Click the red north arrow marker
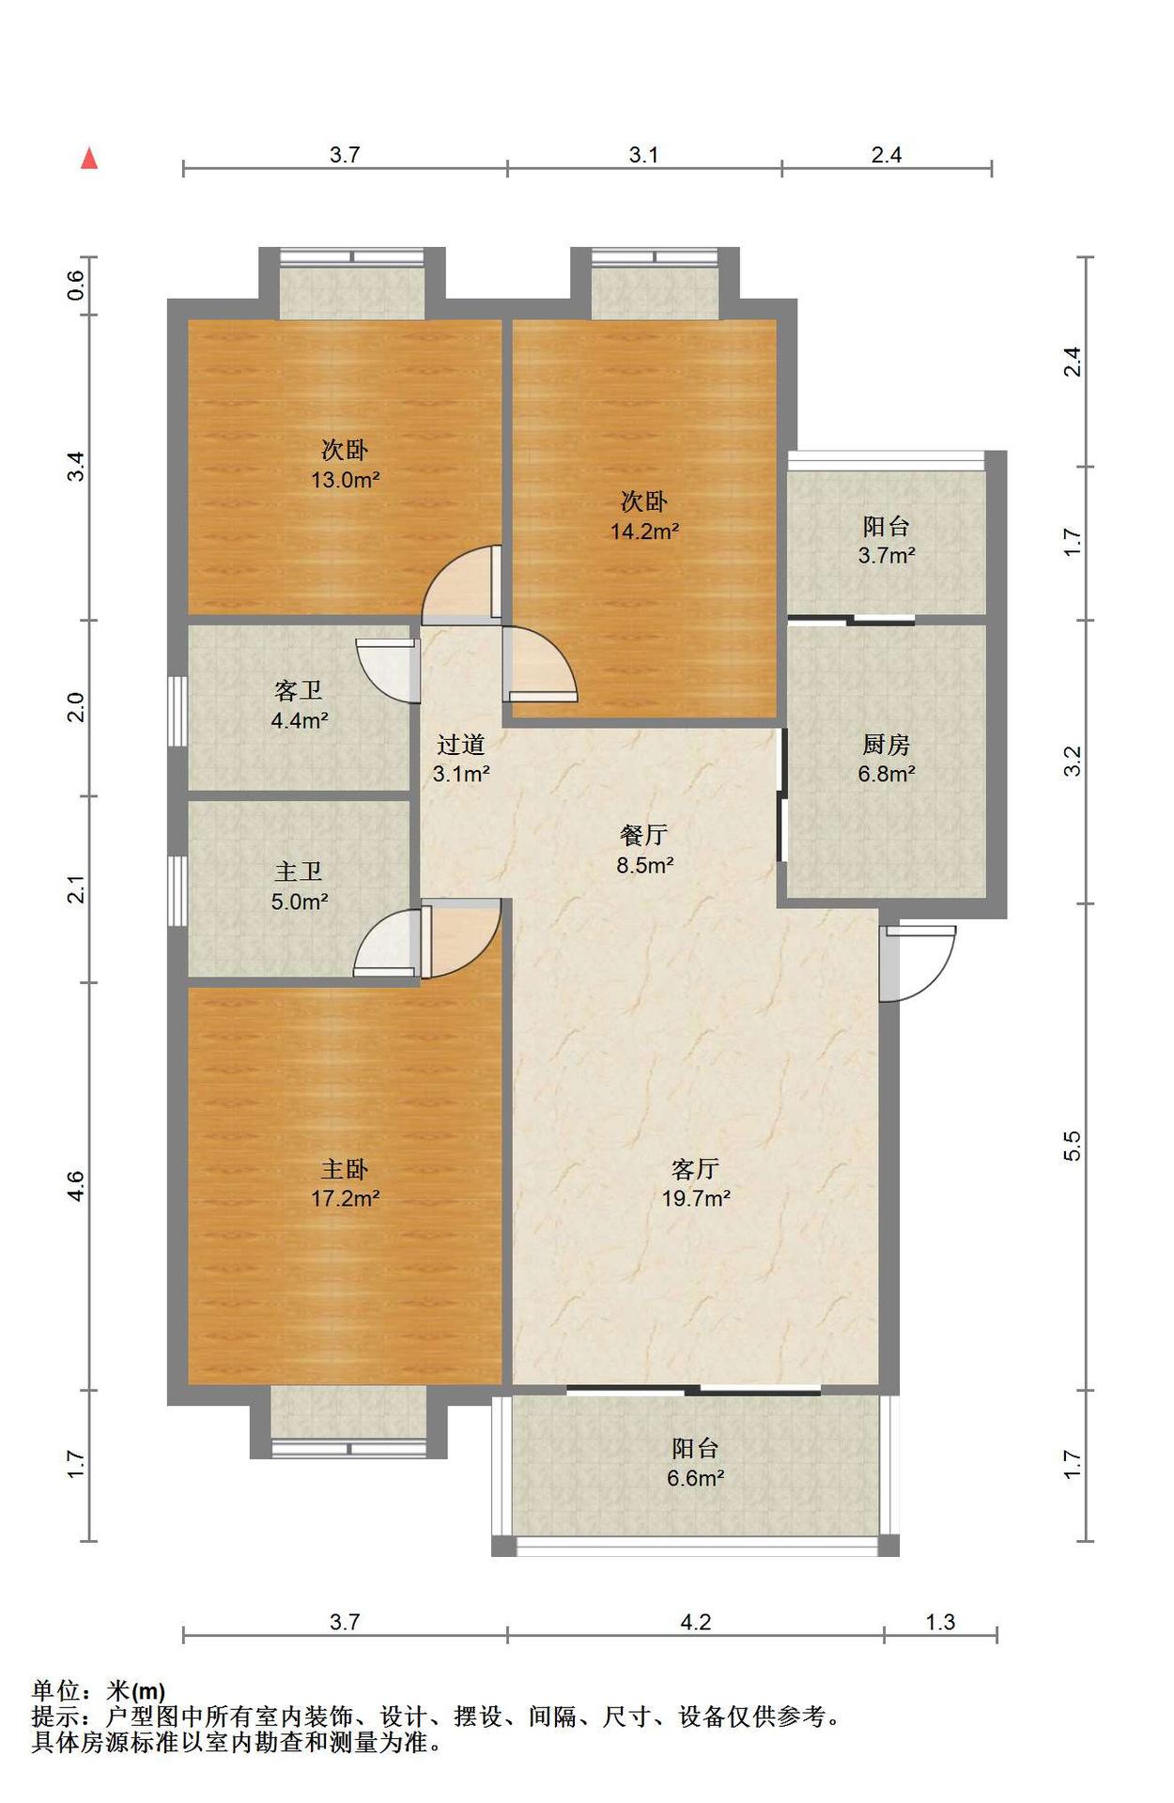coord(89,159)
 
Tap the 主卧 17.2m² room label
coord(345,1183)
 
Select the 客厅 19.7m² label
coord(696,1183)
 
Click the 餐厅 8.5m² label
coord(644,850)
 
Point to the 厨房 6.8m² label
coord(886,759)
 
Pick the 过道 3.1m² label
coord(460,759)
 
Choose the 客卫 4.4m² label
coord(299,705)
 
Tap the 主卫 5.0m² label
coord(299,886)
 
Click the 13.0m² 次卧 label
coord(345,465)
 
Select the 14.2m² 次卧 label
coord(644,516)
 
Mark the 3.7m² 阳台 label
coord(886,540)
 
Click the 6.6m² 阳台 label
coord(695,1463)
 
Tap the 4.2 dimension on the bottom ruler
coord(695,1622)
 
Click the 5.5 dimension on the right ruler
coord(1073,1146)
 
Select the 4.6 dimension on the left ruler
coord(76,1186)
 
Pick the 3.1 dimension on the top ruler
coord(643,155)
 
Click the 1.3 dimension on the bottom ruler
coord(940,1622)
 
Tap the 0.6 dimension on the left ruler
coord(76,285)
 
